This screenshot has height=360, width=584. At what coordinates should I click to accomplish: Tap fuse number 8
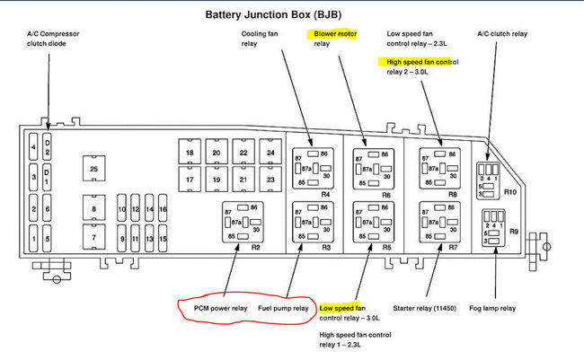[93, 209]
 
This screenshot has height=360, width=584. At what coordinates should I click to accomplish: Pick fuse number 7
[93, 238]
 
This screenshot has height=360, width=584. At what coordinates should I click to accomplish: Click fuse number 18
[189, 154]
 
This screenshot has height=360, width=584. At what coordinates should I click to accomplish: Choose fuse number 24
[270, 154]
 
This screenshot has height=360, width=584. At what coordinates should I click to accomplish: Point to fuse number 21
[243, 180]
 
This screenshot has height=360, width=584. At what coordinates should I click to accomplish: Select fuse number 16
[163, 209]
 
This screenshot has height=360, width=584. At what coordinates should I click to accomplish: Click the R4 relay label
[325, 194]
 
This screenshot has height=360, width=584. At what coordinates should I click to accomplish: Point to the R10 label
[510, 192]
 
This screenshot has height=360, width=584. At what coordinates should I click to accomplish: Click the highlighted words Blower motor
[335, 33]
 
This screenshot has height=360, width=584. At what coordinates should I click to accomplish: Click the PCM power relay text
[220, 309]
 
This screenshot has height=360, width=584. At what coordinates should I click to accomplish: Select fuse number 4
[33, 145]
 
